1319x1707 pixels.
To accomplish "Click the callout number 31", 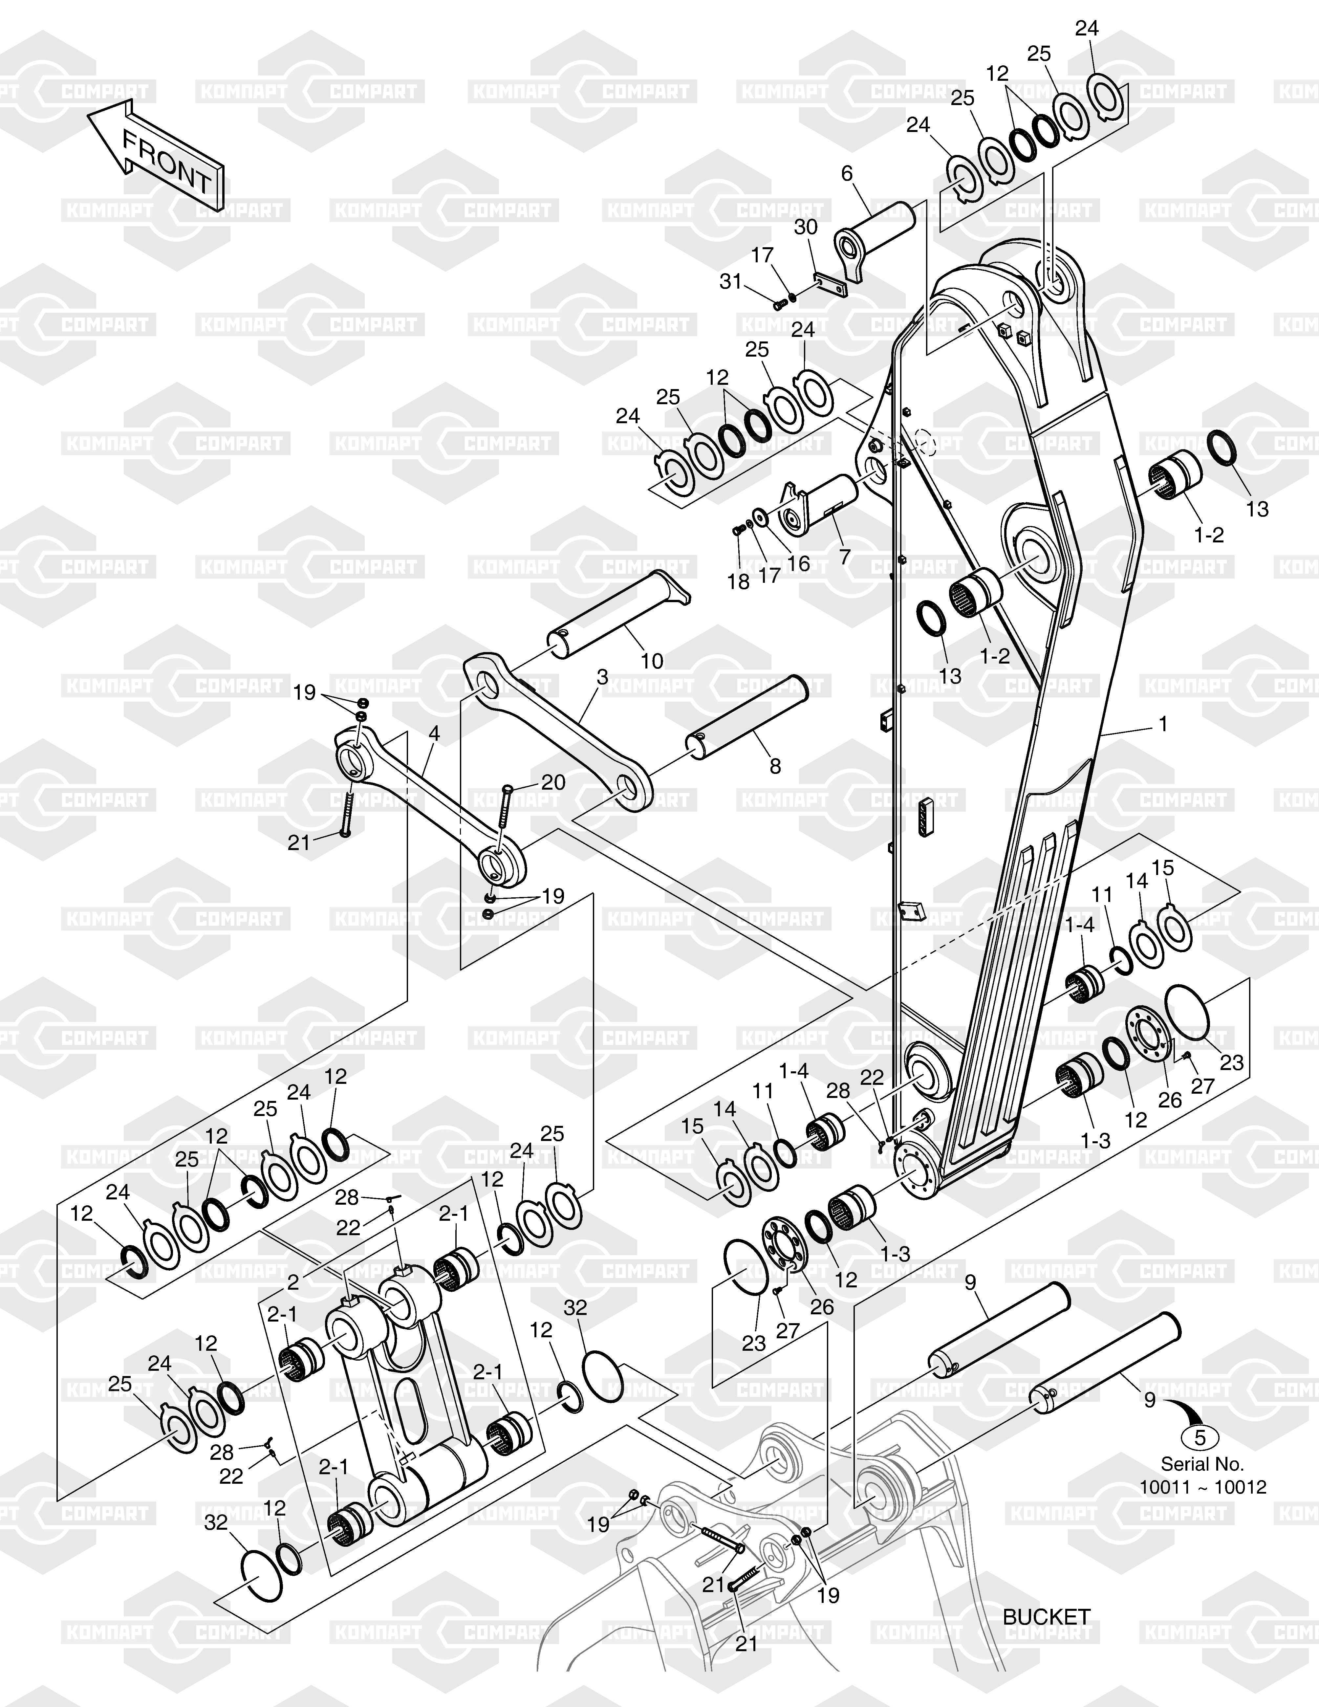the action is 731,281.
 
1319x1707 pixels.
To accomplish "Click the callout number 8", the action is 775,766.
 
